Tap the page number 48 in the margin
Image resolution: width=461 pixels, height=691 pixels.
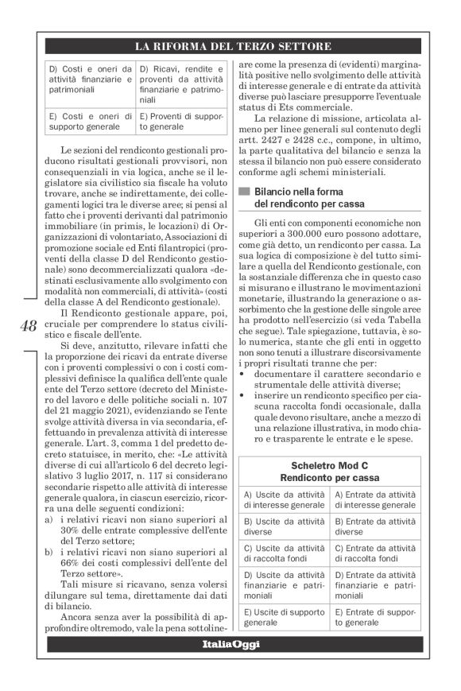(x=25, y=325)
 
